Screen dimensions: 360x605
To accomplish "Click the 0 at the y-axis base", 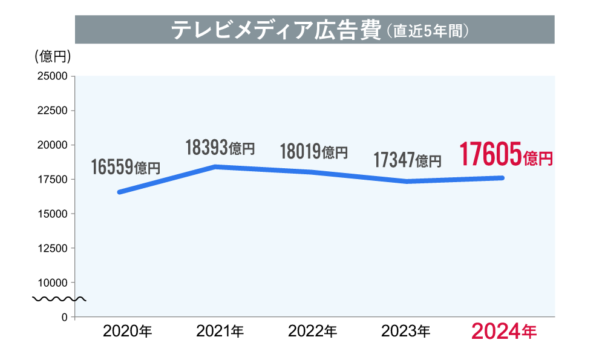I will point(64,317).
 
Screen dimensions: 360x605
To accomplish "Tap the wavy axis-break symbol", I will point(59,299).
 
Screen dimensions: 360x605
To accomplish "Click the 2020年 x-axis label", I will point(128,332).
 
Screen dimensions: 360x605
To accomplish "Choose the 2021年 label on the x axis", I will point(220,332).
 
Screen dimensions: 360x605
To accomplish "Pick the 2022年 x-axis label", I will point(313,332).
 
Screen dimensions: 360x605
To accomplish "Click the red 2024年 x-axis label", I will point(503,332).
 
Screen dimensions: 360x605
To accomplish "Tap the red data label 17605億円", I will point(506,155).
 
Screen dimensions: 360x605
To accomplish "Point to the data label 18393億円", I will point(220,147).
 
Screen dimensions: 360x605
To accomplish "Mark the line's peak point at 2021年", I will point(216,166).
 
